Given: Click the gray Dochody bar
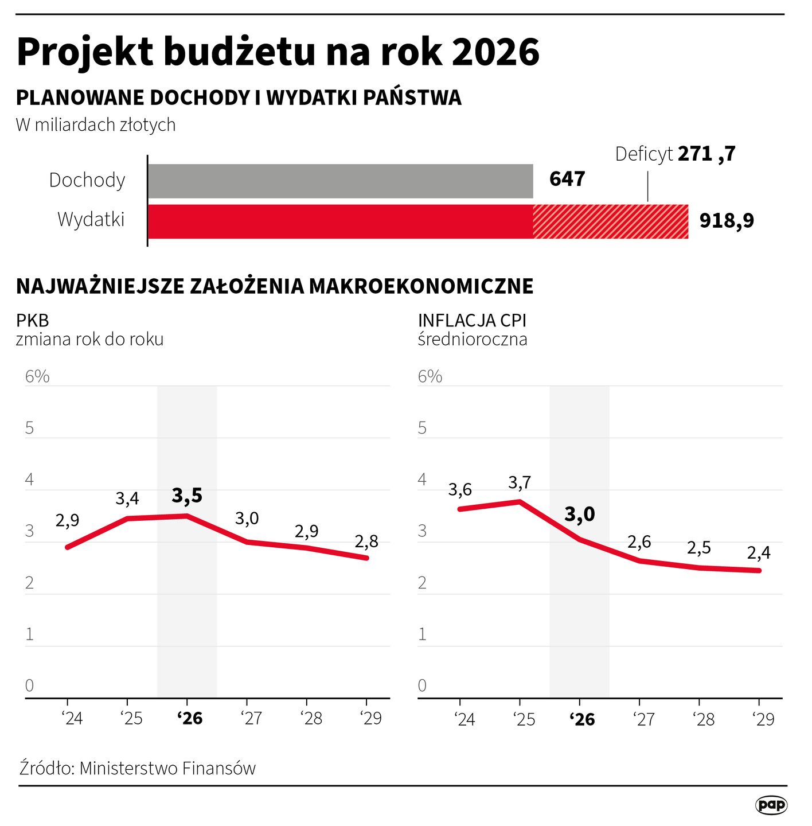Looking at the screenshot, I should click(340, 181).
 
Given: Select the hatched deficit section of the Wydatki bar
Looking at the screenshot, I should click(610, 221).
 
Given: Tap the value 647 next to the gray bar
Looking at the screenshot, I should click(567, 179).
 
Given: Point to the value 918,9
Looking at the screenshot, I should click(727, 220).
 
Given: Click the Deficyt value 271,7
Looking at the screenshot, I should click(706, 154).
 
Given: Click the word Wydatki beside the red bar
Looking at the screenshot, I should click(91, 220).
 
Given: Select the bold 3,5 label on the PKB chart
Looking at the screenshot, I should click(187, 496).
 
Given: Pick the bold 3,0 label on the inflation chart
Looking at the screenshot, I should click(580, 515).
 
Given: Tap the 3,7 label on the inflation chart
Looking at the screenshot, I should click(520, 483).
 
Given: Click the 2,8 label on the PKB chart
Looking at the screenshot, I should click(366, 541).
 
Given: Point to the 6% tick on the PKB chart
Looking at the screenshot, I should click(37, 376).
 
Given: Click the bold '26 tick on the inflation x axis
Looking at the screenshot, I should click(582, 719).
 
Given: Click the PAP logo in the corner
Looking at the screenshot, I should click(771, 805).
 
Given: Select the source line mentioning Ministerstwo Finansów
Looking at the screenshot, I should click(138, 768).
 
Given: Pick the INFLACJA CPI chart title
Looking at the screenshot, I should click(472, 320).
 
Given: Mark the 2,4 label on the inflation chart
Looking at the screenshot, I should click(759, 553).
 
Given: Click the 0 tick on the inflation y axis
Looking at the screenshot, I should click(423, 686).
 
